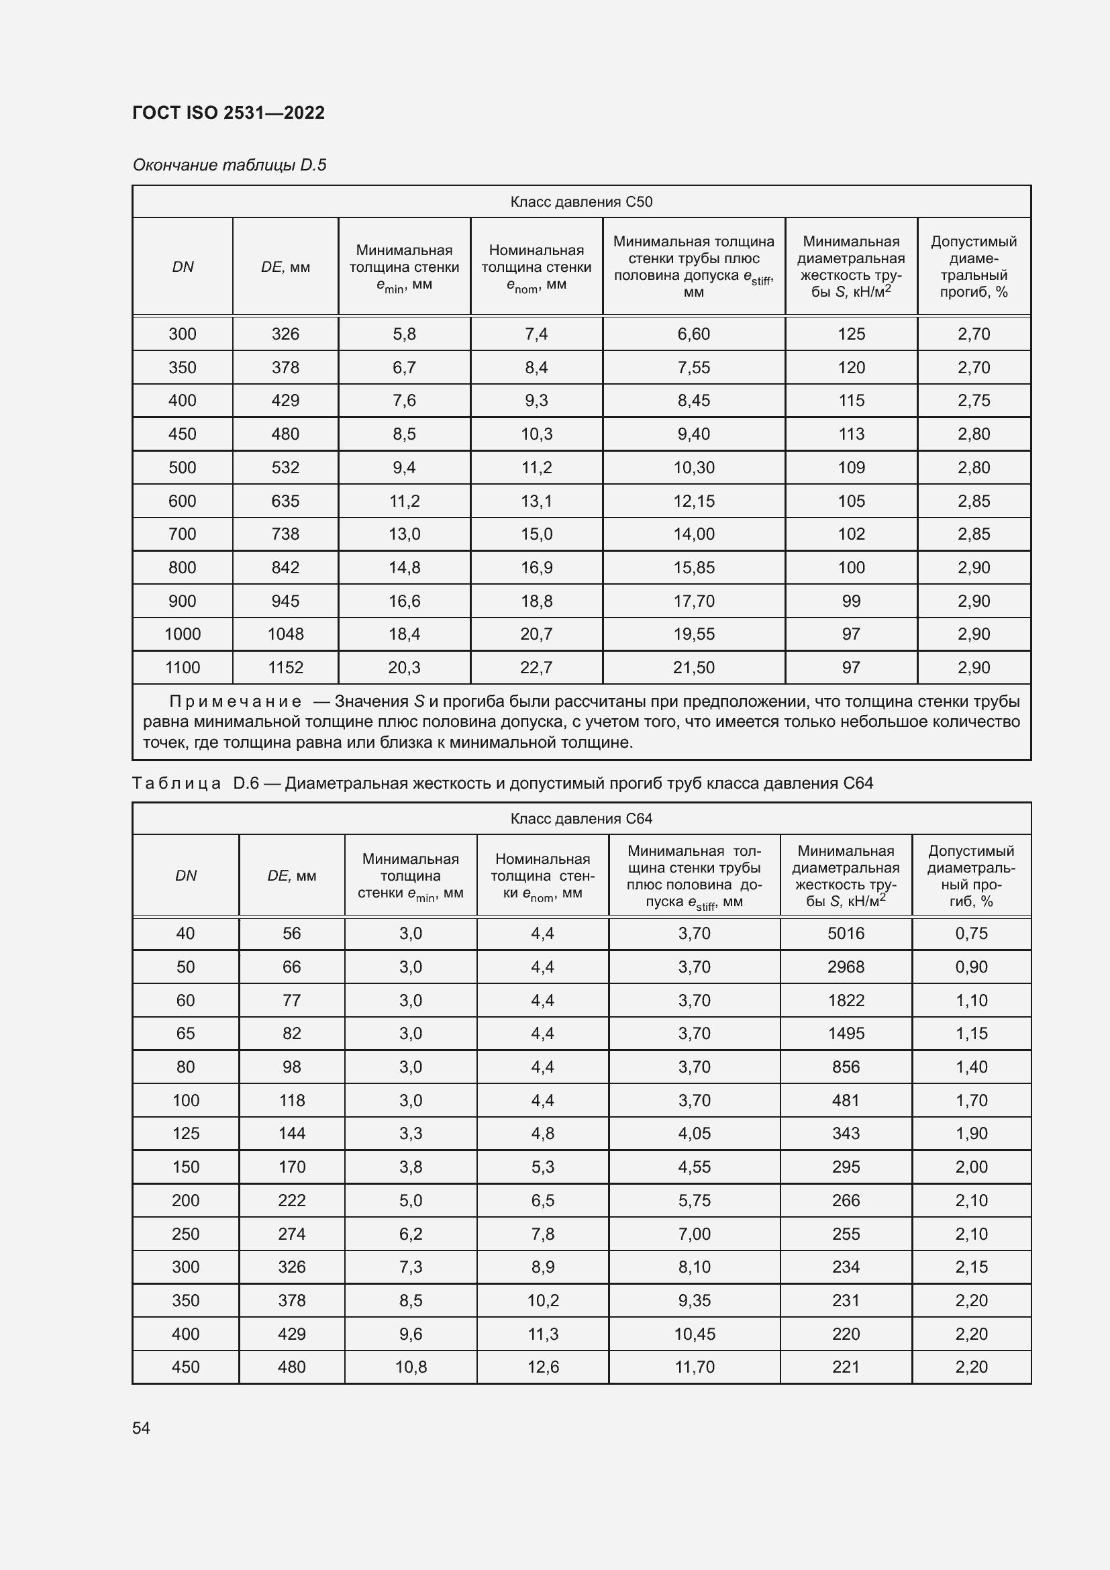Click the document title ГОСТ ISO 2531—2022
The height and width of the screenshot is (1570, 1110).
coord(228,113)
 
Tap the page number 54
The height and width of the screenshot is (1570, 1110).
coord(141,1428)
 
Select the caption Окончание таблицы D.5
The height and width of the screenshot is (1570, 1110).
coord(229,165)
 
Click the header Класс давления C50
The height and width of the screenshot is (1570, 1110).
coord(581,202)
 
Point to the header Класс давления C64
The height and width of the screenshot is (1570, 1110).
coord(581,818)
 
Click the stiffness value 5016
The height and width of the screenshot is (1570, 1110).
coord(846,934)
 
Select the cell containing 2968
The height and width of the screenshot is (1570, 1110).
coord(846,967)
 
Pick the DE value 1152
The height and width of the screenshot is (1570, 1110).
coord(285,667)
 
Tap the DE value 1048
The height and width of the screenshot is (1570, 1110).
coord(285,634)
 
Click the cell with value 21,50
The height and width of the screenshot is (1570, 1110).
coord(694,667)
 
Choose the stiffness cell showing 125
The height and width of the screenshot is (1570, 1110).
coord(851,334)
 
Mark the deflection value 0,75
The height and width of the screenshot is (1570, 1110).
coord(971,934)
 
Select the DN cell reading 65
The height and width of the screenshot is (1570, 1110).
coord(185,1033)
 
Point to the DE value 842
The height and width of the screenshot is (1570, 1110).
coord(285,568)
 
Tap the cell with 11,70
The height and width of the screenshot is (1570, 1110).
coord(695,1367)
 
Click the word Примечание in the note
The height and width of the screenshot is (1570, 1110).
coord(235,701)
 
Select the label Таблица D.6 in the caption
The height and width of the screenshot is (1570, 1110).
coord(195,783)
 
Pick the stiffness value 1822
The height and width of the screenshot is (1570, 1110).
coord(846,1000)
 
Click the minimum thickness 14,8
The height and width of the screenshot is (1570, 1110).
coord(404,568)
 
